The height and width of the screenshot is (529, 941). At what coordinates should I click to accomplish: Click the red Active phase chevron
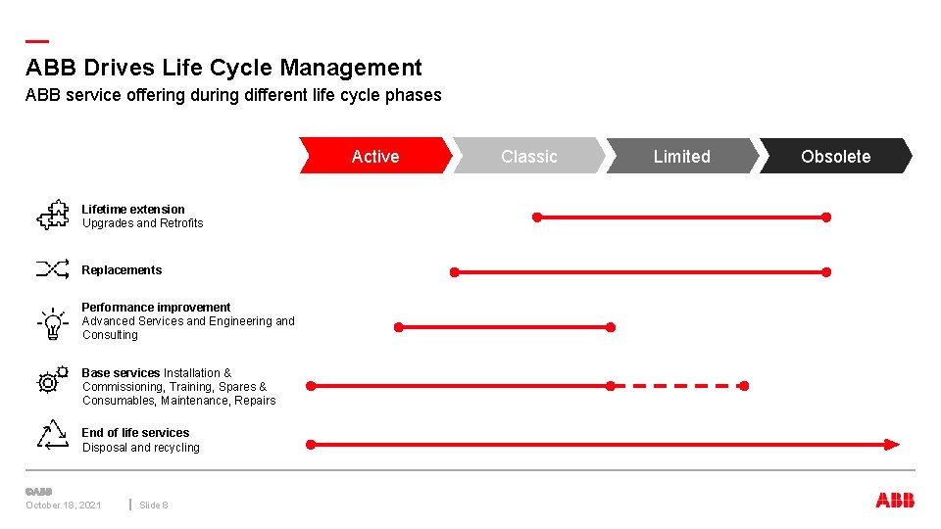coord(375,156)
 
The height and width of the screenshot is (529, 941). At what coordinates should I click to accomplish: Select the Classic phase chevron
coord(528,156)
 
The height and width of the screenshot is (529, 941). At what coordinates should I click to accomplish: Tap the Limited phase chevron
coord(682,156)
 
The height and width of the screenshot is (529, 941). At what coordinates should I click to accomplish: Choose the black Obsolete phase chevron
coord(835,156)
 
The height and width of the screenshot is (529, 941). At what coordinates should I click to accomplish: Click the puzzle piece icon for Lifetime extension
coord(53,215)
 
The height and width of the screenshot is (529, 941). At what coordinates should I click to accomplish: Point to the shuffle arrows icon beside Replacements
coord(53,268)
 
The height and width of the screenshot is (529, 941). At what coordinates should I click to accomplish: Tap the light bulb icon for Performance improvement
coord(51,322)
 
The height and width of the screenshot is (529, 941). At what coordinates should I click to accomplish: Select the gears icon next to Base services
coord(52,380)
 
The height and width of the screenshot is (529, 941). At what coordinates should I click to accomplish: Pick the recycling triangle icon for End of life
coord(53,435)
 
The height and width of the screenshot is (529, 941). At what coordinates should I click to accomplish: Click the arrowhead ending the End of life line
coord(891,445)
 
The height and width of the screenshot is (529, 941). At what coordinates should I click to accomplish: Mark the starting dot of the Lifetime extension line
coord(536,216)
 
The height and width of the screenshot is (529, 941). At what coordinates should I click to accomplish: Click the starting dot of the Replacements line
coord(454,271)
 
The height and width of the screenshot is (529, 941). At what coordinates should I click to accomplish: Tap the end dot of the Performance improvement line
coord(611,327)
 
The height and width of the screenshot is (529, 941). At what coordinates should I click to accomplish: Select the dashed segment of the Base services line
coord(677,386)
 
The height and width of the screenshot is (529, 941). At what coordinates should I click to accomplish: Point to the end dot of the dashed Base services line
coord(744,386)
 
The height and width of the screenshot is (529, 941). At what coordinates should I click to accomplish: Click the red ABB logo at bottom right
coord(895,501)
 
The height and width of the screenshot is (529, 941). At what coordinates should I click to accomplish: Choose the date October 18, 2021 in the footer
coord(64,505)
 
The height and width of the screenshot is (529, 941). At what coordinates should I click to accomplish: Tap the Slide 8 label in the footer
coord(154,505)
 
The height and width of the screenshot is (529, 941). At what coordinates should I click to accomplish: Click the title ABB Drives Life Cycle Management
coord(223,68)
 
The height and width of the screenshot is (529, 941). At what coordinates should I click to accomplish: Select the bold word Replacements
coord(122,270)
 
